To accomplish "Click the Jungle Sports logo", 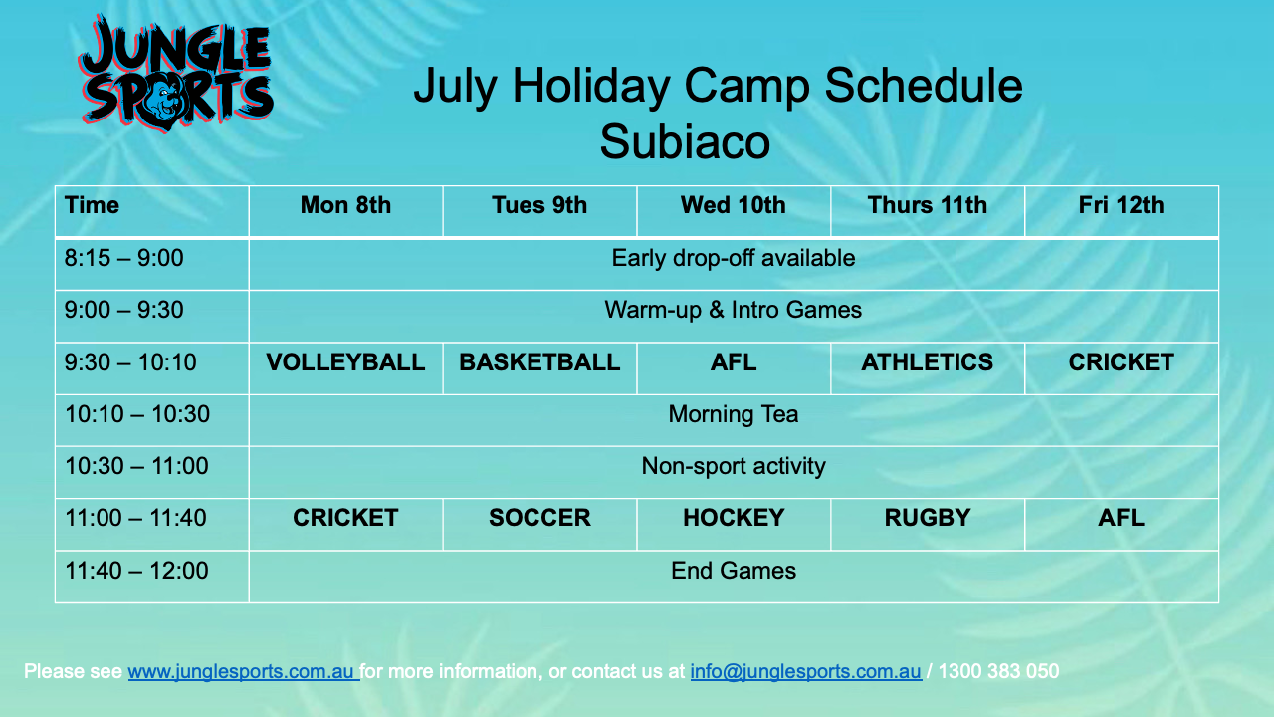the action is pyautogui.click(x=176, y=74).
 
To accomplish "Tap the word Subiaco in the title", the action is pyautogui.click(x=685, y=142).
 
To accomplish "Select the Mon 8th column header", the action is pyautogui.click(x=345, y=205).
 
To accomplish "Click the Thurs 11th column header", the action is pyautogui.click(x=927, y=205).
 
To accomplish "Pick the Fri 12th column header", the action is pyautogui.click(x=1121, y=205).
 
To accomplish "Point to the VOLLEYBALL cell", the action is pyautogui.click(x=345, y=362).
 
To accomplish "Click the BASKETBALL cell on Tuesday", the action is pyautogui.click(x=539, y=362).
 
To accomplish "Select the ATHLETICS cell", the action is pyautogui.click(x=927, y=362).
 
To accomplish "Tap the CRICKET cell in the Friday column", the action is pyautogui.click(x=1121, y=362).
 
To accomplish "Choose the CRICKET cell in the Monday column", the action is pyautogui.click(x=345, y=518).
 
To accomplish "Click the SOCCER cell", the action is pyautogui.click(x=539, y=518).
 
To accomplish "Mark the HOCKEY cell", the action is pyautogui.click(x=734, y=518).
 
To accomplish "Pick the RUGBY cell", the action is pyautogui.click(x=927, y=518).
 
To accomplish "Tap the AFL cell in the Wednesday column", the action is pyautogui.click(x=734, y=362).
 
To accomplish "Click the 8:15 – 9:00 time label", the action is pyautogui.click(x=124, y=258).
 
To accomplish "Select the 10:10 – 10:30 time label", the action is pyautogui.click(x=137, y=414).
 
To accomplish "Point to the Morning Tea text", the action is pyautogui.click(x=734, y=414).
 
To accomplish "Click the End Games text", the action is pyautogui.click(x=734, y=571).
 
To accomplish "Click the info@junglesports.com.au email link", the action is pyautogui.click(x=806, y=672).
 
